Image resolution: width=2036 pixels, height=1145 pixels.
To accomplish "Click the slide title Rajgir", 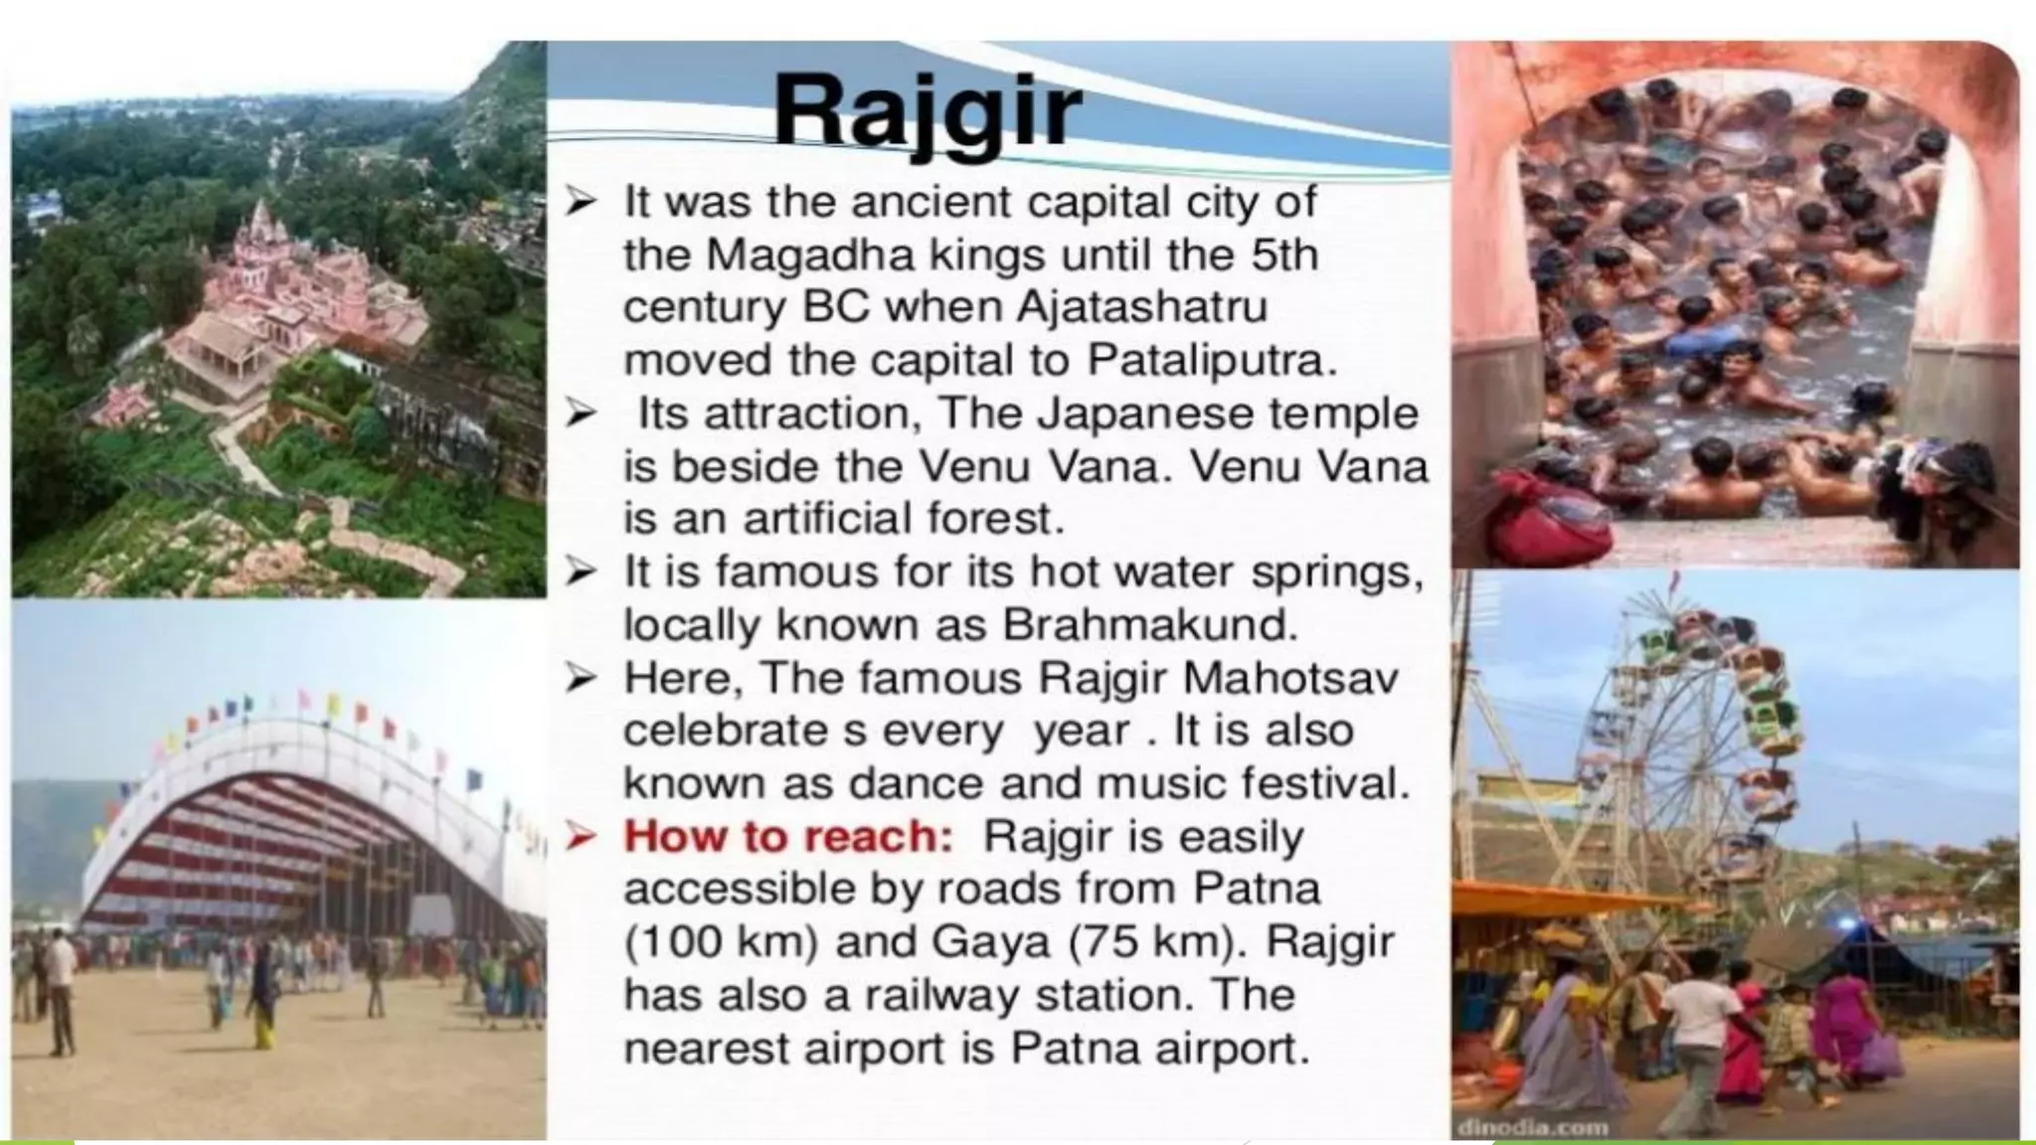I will [x=928, y=111].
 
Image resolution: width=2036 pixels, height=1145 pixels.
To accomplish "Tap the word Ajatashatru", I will [x=1142, y=307].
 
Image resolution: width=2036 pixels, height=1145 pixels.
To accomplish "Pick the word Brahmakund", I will [x=1150, y=625].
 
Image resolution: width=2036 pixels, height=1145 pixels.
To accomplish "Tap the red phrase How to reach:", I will [x=787, y=837].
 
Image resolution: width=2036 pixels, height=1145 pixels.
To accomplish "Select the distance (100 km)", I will [x=720, y=942].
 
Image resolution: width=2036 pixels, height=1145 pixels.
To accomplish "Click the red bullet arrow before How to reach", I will [x=581, y=838].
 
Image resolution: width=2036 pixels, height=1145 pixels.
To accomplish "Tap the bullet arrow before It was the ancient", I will [x=581, y=204].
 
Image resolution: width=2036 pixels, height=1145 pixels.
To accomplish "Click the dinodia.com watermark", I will [x=1532, y=1128].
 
